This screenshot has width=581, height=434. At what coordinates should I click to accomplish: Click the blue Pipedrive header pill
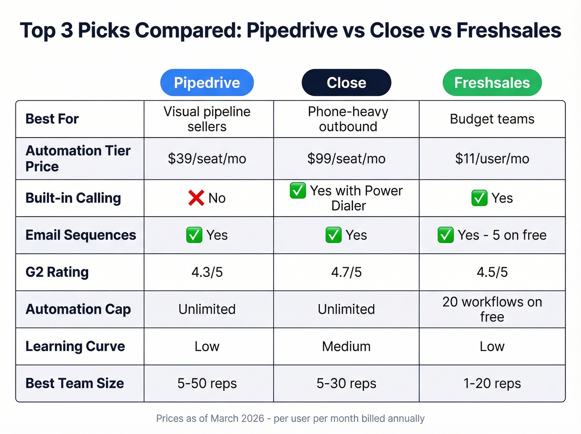pos(207,83)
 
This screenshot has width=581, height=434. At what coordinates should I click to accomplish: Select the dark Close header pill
pos(346,83)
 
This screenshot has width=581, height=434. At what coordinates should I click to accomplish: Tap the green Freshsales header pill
pos(492,83)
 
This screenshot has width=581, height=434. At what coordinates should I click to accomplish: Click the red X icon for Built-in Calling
pos(196,198)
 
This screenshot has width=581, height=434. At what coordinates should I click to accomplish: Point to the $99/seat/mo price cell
pos(346,159)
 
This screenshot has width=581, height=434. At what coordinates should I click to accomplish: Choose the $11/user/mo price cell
pos(492,159)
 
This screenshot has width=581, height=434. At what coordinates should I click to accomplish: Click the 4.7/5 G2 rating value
pos(346,272)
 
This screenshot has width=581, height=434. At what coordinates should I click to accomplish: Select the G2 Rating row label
pos(57,272)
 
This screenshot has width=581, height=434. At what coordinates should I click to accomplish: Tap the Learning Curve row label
pos(75,346)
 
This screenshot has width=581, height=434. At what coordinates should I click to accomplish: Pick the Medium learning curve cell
pos(346,346)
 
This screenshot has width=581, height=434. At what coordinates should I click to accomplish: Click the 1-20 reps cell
pos(492,383)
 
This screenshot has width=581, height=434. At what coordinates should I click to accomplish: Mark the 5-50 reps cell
pos(207,383)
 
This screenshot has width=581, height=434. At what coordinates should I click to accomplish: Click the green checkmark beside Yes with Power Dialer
pos(298,191)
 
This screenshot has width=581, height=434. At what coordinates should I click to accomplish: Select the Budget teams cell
pos(492,119)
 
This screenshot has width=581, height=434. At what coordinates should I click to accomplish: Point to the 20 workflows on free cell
pos(492,309)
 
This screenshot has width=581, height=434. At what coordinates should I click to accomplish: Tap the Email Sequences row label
pos(81,235)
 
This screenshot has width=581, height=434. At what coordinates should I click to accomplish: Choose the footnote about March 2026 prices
pos(290,418)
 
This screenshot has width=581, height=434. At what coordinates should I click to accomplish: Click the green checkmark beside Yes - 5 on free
pos(446,235)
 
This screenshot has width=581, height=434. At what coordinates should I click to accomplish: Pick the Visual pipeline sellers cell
pos(207,119)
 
